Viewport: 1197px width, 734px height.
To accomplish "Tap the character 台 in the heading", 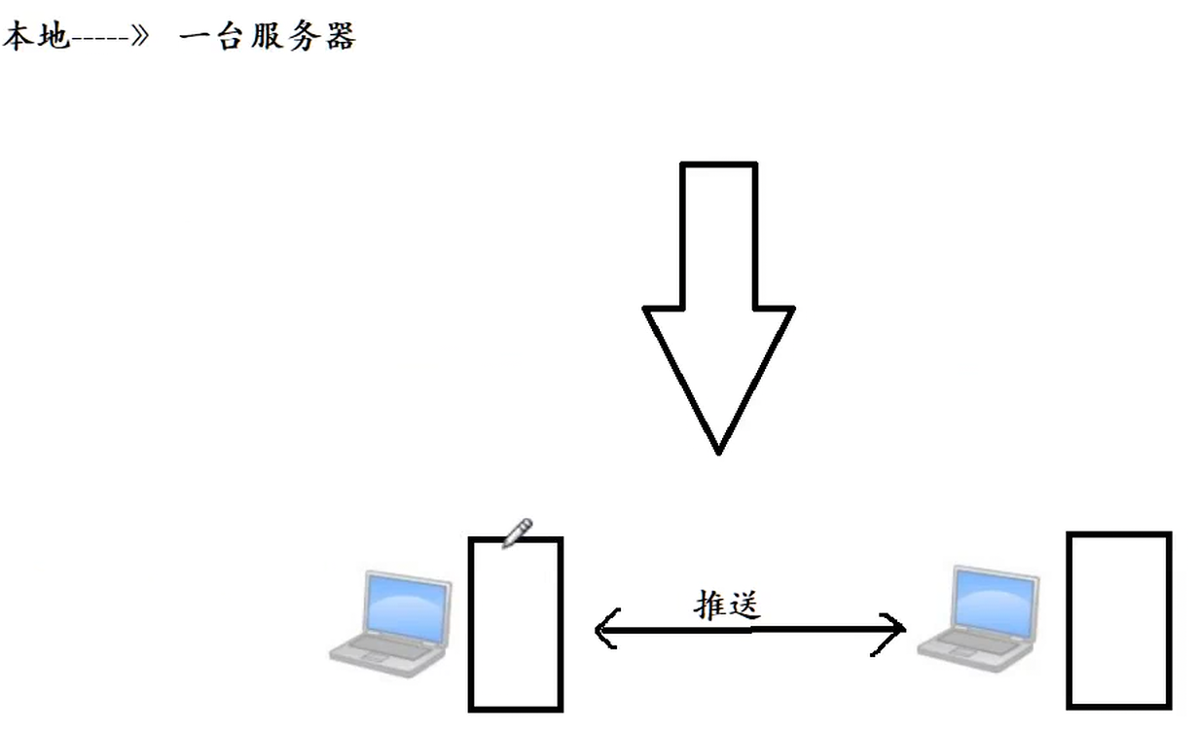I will [x=237, y=37].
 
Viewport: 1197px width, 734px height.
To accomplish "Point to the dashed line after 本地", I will [x=101, y=39].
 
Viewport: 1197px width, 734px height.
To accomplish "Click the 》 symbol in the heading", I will [x=145, y=38].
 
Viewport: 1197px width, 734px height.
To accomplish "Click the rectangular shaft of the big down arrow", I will [x=718, y=234].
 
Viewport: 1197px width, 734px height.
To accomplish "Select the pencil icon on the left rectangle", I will [x=517, y=532].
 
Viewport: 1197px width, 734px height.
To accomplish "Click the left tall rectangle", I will [x=516, y=624].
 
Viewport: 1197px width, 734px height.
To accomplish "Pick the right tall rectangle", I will [x=1119, y=620].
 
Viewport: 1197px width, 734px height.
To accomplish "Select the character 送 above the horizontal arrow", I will [x=743, y=604].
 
